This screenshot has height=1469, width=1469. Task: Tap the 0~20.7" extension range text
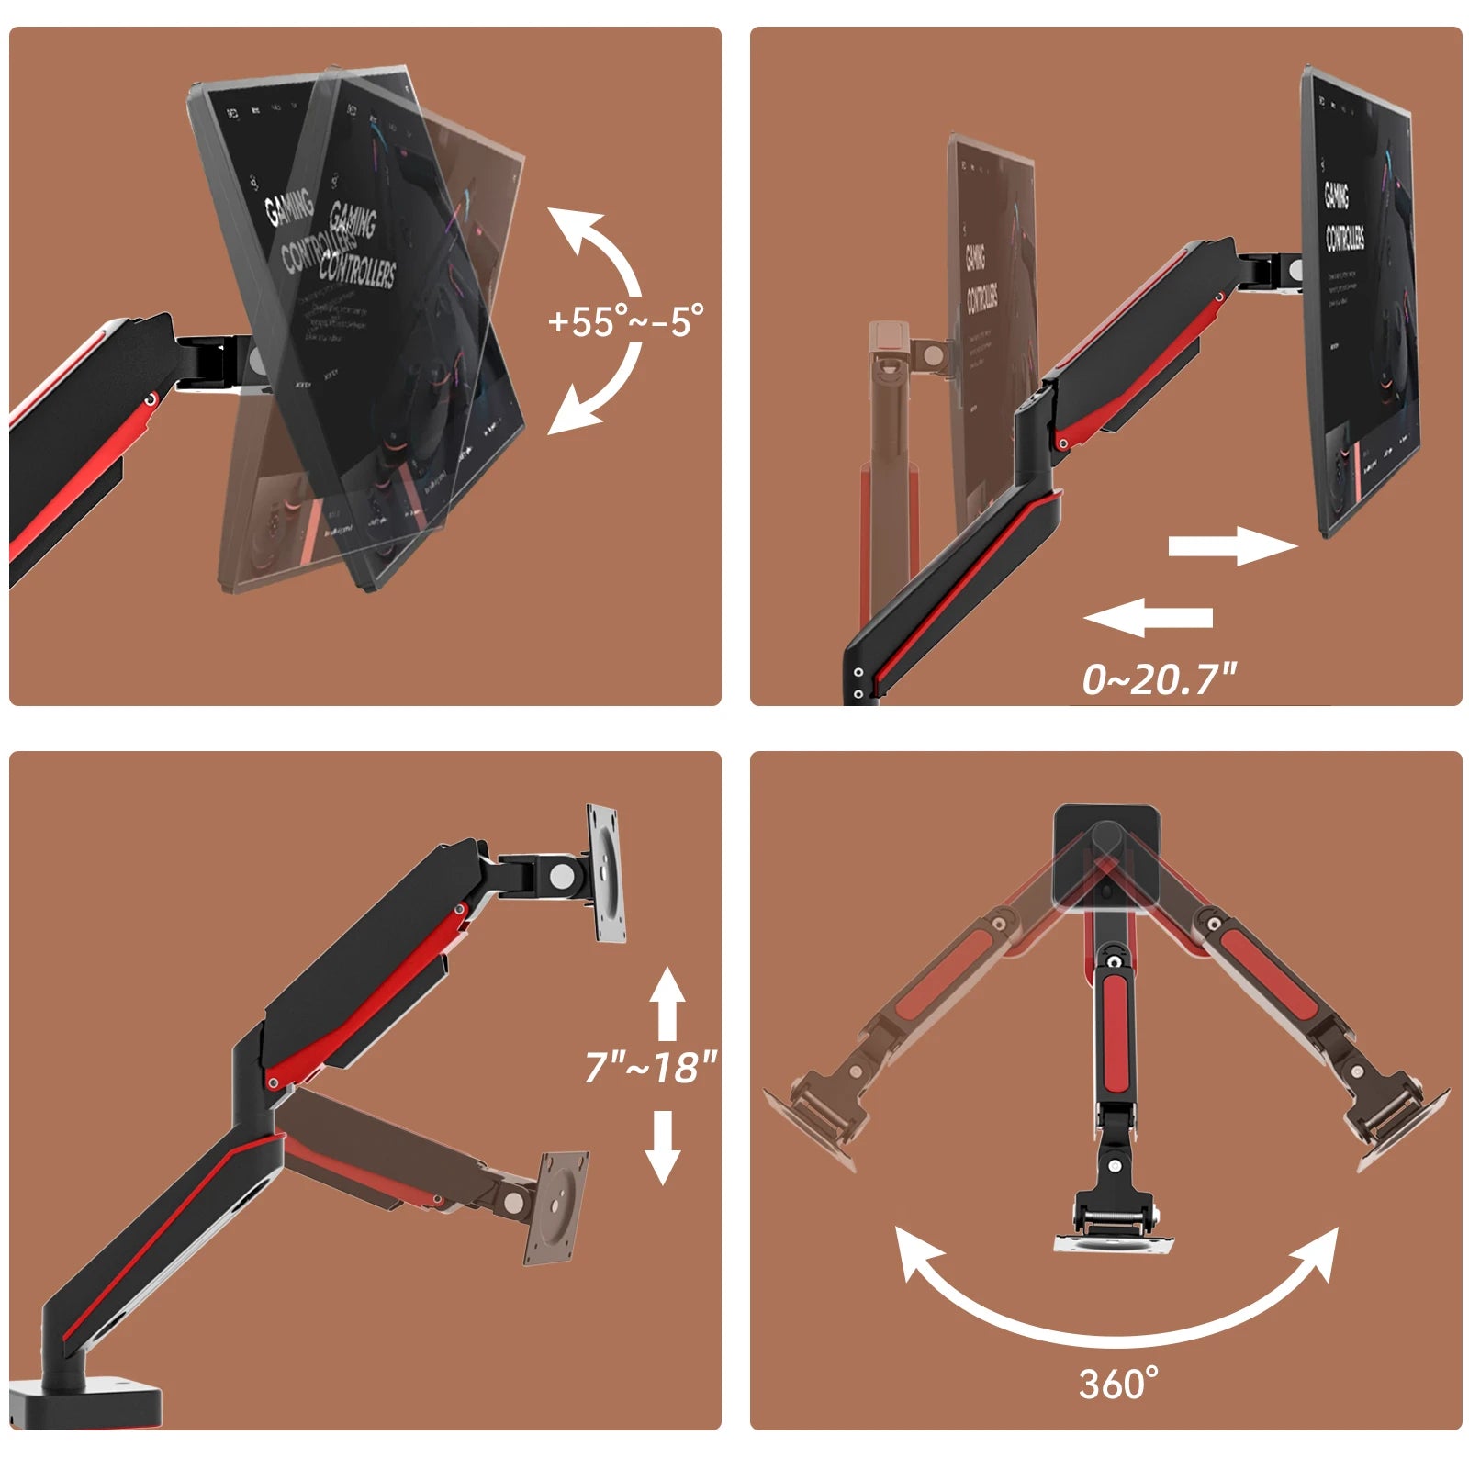pos(1159,679)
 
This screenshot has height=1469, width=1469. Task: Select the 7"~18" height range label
pos(650,1067)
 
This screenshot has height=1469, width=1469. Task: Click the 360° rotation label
pos(1118,1384)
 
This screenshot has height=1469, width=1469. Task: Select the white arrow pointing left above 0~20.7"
pos(1149,617)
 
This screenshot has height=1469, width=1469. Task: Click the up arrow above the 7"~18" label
pos(667,1005)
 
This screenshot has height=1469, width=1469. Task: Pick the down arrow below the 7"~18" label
pos(662,1148)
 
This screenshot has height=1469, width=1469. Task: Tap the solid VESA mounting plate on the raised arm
pos(606,873)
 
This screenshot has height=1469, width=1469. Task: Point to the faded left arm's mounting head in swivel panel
pos(817,1120)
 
